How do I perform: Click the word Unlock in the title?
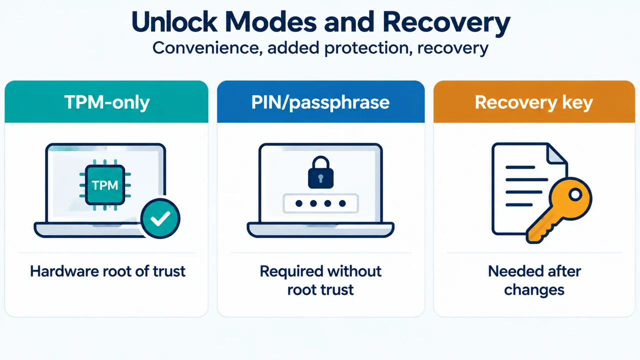click(174, 22)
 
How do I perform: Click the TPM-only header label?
click(107, 102)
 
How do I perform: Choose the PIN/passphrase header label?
click(320, 102)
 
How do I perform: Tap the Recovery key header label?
click(533, 102)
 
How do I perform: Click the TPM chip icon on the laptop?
click(105, 185)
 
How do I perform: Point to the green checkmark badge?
click(160, 218)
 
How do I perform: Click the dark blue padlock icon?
click(320, 172)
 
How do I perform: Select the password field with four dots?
click(320, 203)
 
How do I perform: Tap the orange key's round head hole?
click(575, 195)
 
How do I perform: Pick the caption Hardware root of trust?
click(107, 271)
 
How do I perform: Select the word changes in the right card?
click(534, 290)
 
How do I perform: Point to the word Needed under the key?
click(511, 271)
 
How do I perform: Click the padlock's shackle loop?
click(320, 163)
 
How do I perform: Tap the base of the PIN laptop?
click(320, 230)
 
